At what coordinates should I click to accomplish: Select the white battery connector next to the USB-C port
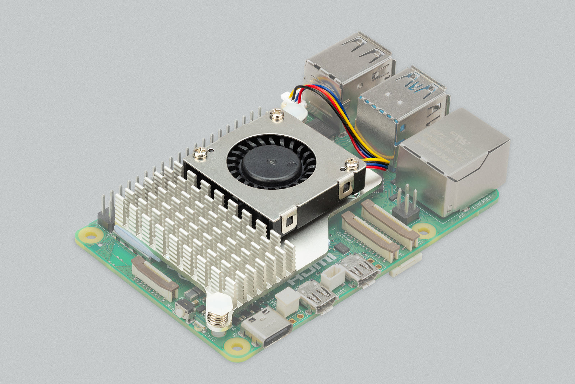(287, 298)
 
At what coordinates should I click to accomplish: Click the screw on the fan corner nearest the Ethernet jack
(351, 164)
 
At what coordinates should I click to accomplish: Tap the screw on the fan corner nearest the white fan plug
(277, 114)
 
